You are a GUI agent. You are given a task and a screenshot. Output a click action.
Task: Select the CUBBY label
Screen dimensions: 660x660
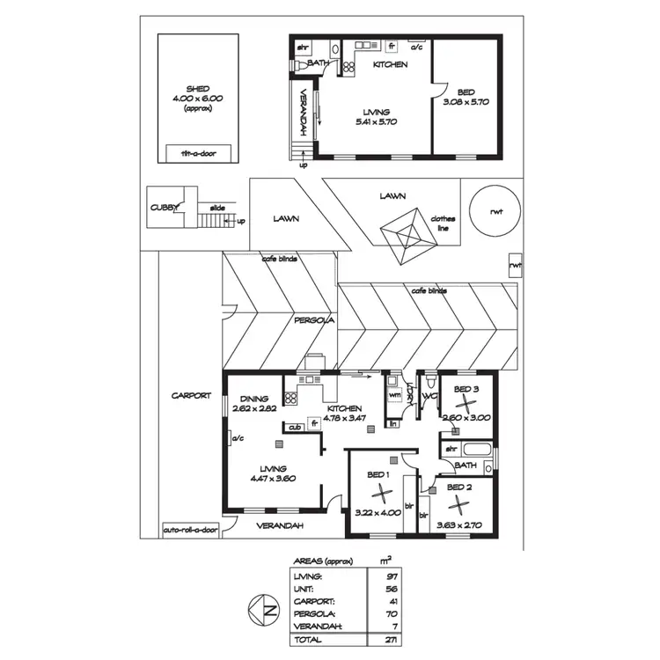tap(165, 209)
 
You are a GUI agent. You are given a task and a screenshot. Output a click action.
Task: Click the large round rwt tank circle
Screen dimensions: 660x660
tap(493, 210)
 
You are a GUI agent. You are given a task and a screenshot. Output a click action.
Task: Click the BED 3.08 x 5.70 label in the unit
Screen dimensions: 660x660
tap(466, 96)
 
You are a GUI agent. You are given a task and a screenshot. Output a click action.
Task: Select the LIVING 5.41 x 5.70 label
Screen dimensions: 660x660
tap(381, 117)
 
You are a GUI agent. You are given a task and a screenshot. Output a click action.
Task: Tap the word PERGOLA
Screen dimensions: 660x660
tap(313, 321)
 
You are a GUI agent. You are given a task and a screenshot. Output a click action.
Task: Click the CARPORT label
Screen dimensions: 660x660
tap(191, 396)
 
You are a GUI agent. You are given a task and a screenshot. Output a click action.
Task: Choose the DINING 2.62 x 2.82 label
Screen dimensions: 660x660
tap(253, 403)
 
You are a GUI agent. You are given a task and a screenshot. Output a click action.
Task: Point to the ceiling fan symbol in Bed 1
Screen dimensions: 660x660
tap(380, 493)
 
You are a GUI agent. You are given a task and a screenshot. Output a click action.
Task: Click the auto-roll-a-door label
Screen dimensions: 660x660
tap(190, 531)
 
